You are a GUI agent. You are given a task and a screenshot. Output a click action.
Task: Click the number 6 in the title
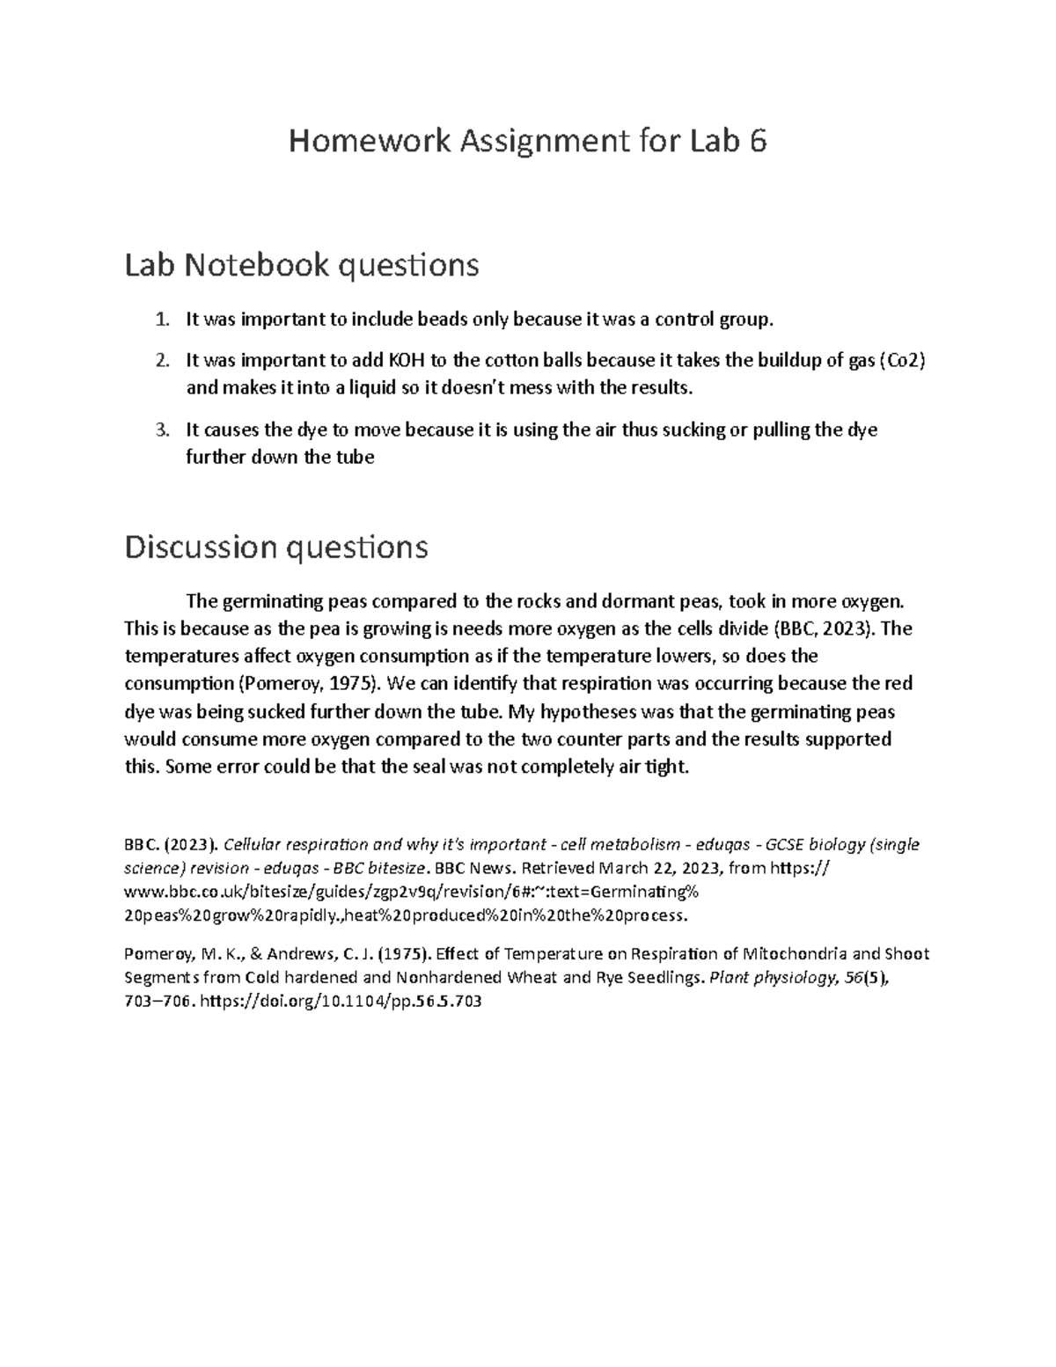[x=758, y=141]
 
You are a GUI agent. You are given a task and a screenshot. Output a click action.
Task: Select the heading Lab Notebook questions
[x=301, y=264]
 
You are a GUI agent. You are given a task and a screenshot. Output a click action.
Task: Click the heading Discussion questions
[x=276, y=547]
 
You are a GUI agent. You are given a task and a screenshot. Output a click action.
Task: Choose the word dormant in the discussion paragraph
[x=641, y=601]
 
